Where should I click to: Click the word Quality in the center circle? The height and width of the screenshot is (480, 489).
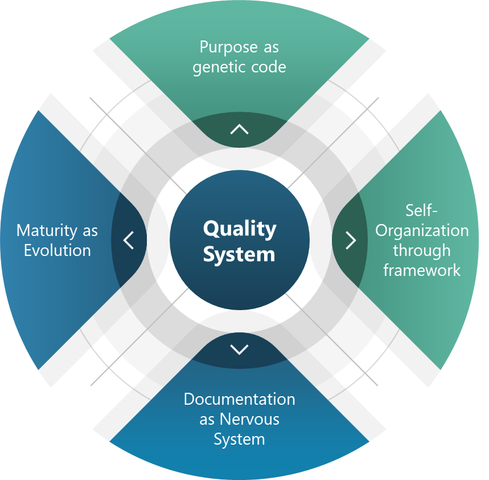click(240, 229)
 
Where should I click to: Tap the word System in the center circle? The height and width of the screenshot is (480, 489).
click(239, 254)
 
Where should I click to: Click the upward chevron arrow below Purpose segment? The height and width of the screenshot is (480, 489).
click(240, 129)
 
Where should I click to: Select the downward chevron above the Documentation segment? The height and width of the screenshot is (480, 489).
click(240, 349)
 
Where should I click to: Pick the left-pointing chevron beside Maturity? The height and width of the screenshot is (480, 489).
click(129, 240)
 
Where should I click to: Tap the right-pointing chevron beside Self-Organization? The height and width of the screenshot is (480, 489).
click(351, 240)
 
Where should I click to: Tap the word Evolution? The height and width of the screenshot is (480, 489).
click(57, 250)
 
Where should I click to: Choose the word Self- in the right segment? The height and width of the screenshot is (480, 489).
click(422, 210)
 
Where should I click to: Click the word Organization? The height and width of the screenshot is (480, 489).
click(422, 231)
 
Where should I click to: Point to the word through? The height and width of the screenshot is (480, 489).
click(422, 250)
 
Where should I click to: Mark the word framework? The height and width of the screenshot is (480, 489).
click(422, 270)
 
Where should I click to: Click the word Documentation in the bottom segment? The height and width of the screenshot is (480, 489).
click(239, 399)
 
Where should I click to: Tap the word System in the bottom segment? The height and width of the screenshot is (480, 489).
click(239, 440)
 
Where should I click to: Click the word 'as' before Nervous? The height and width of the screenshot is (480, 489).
click(207, 420)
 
